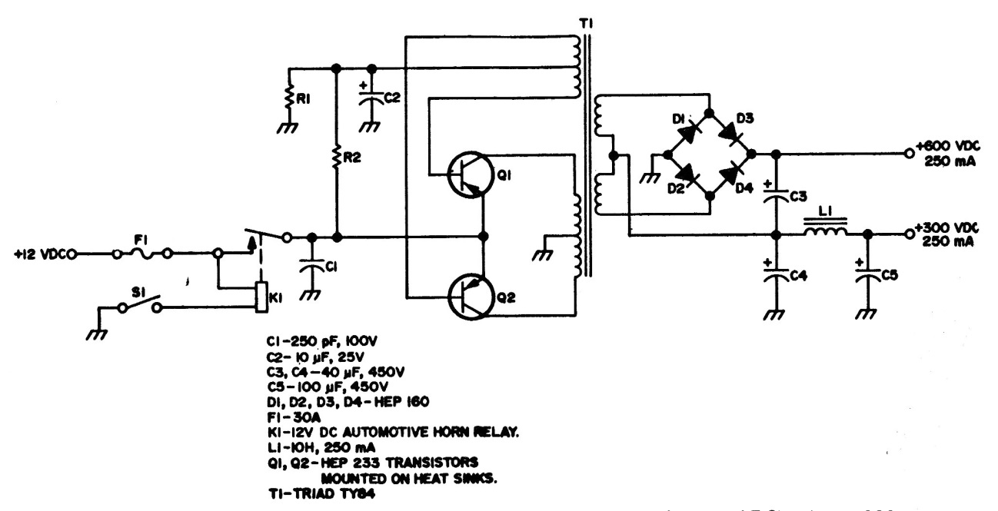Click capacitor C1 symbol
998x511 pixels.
click(x=312, y=267)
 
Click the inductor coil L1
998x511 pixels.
click(x=826, y=231)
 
